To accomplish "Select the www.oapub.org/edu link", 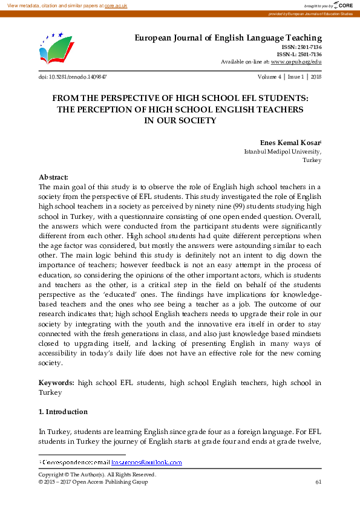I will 296,62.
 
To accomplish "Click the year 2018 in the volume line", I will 316,77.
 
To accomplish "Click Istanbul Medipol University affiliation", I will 283,152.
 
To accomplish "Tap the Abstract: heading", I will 53,177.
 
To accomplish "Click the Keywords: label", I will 56,383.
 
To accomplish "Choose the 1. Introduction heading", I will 63,412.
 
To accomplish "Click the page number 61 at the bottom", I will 318,482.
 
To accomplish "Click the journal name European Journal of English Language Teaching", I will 227,38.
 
